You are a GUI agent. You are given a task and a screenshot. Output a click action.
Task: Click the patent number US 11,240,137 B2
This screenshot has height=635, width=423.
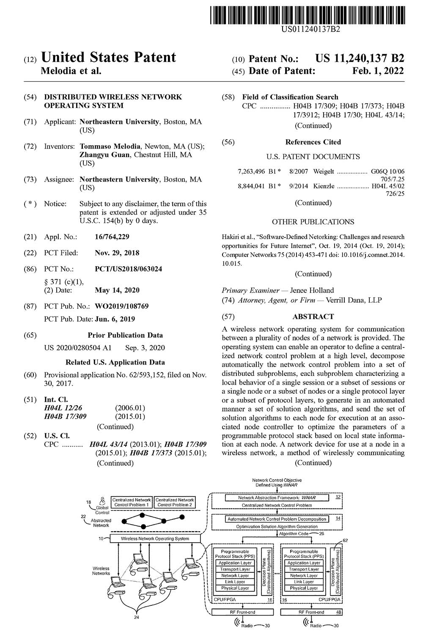[x=360, y=58]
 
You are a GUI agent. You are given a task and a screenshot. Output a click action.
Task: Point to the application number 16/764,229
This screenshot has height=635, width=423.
[x=112, y=237]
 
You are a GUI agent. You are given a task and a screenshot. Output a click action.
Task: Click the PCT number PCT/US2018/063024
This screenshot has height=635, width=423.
[x=128, y=269]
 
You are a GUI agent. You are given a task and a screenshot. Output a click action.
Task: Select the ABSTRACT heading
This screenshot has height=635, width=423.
[x=313, y=317]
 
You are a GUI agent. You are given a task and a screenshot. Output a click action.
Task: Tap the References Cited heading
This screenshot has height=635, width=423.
[x=313, y=142]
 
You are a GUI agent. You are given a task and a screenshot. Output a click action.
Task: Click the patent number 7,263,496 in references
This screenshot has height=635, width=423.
[x=251, y=171]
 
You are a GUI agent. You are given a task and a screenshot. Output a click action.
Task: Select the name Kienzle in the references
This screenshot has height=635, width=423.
[x=324, y=186]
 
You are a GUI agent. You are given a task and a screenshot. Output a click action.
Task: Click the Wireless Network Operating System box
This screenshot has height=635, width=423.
[x=155, y=538]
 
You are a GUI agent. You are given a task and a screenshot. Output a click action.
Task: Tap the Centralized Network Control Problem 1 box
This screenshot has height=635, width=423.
[x=131, y=502]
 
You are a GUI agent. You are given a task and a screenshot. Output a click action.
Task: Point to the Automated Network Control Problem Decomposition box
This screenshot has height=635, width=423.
[x=277, y=519]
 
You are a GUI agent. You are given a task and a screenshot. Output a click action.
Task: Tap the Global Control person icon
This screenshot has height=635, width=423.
[x=102, y=500]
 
